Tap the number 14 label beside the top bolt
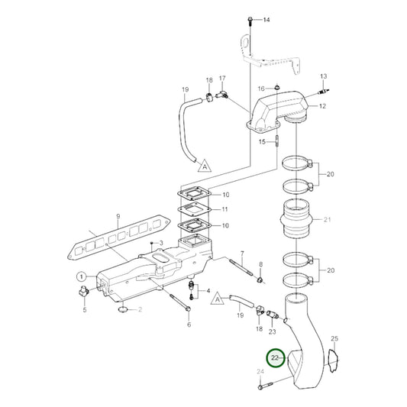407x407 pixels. coord(266,19)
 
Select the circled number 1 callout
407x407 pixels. coord(81,276)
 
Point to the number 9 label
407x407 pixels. coord(118,216)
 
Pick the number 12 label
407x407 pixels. coord(322,105)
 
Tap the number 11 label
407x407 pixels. coord(224,208)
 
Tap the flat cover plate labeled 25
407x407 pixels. coord(334,361)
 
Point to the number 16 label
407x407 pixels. coord(260,88)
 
